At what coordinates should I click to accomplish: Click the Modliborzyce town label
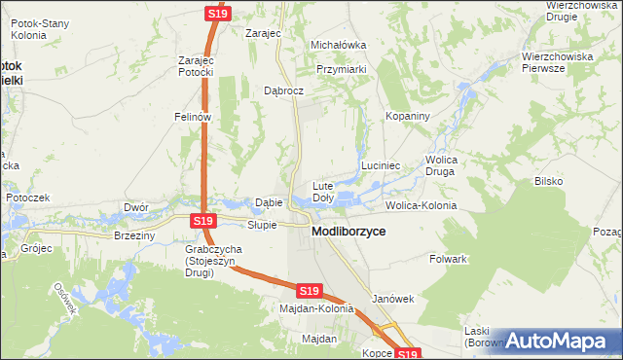[348, 233]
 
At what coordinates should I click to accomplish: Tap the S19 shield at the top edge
[218, 14]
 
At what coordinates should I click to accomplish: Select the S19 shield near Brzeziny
[202, 222]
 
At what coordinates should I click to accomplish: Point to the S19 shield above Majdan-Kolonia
[309, 291]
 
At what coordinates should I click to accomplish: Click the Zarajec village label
[263, 33]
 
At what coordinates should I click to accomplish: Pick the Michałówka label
[338, 45]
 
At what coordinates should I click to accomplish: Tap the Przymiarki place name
[342, 69]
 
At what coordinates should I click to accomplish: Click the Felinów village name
[193, 117]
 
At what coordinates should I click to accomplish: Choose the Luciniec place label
[382, 166]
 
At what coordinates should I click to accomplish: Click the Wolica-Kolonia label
[421, 206]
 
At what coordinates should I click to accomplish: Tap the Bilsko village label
[549, 182]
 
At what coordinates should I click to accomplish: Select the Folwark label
[449, 260]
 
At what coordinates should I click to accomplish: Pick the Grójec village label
[35, 248]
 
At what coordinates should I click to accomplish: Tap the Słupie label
[262, 225]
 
